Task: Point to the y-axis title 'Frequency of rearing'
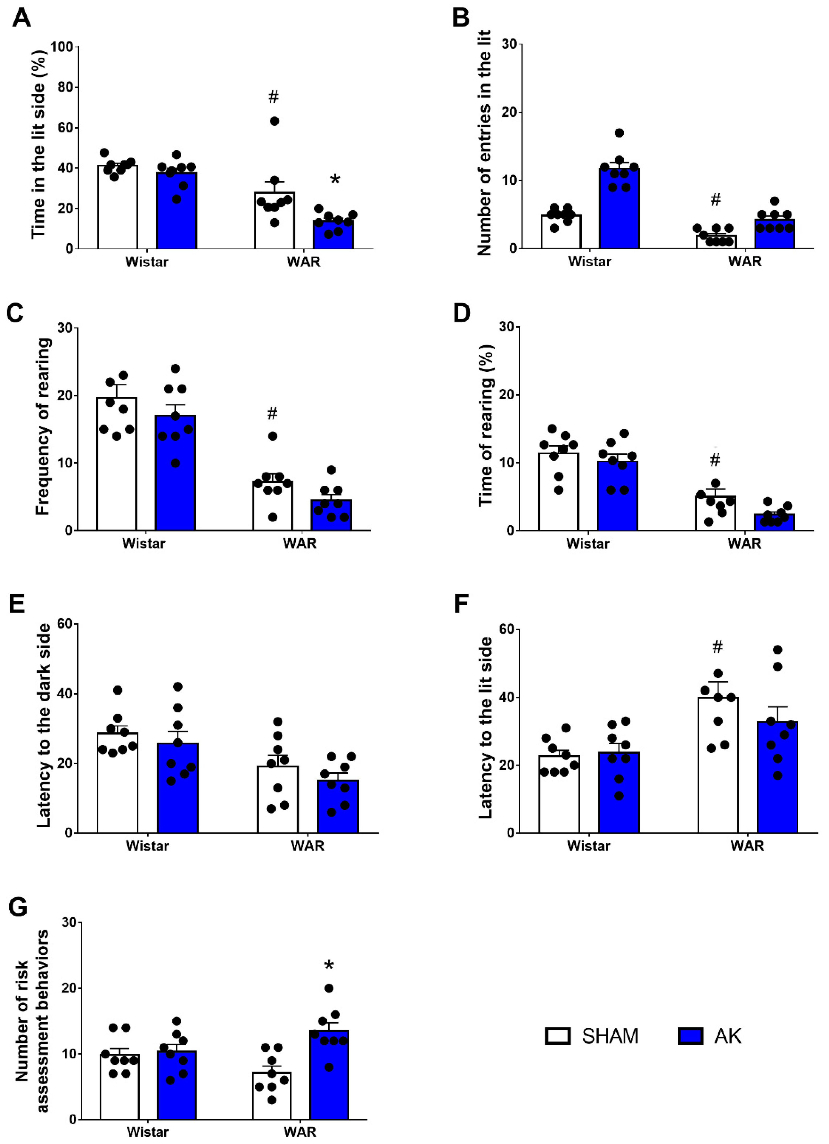pos(43,426)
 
